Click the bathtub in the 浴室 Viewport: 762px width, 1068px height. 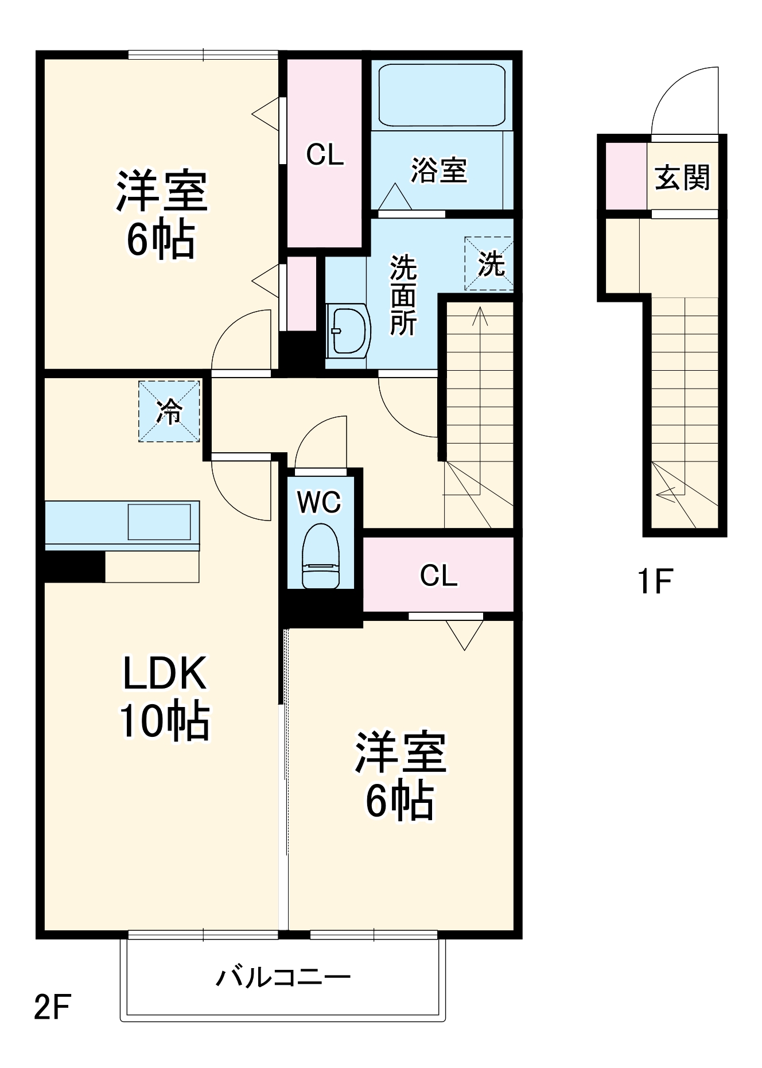[442, 95]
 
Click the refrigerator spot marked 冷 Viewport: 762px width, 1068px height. [169, 411]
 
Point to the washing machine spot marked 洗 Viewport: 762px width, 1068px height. [489, 263]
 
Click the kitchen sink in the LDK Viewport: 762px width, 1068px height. [159, 522]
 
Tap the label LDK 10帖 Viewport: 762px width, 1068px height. [164, 697]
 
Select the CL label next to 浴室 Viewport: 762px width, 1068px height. [325, 154]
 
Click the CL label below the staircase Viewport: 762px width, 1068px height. [438, 575]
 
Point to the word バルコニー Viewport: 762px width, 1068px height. [283, 976]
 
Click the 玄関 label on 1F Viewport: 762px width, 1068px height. [682, 177]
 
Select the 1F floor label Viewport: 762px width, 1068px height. [655, 581]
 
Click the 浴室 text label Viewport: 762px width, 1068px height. [439, 170]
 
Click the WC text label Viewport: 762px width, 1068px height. [319, 502]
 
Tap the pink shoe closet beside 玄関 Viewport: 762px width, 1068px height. [626, 176]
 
